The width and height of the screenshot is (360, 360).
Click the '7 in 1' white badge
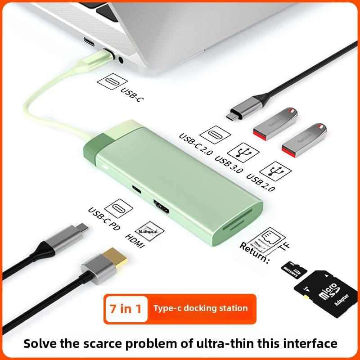(x=126, y=309)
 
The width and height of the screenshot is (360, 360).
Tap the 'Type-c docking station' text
(x=200, y=308)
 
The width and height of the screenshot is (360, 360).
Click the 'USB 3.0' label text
(x=229, y=164)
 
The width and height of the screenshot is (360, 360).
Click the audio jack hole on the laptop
(x=121, y=58)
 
